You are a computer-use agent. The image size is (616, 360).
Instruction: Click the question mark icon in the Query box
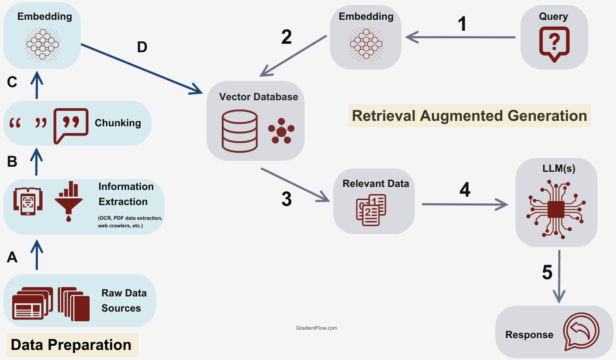coord(554,43)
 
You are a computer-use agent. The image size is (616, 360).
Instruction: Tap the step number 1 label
coord(462,24)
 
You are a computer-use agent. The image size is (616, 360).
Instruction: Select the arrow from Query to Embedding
coord(461,37)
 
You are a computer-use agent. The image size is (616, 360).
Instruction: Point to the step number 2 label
coord(287,37)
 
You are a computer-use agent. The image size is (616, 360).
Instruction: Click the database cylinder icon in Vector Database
coord(239,131)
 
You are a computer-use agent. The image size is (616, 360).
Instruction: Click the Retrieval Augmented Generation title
coord(469,116)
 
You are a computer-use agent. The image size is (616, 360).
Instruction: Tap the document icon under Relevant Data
coord(371,210)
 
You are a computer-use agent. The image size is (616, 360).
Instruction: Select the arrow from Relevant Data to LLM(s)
coord(465,205)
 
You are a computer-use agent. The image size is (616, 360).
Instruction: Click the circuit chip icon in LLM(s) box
coord(556,209)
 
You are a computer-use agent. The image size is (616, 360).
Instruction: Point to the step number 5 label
coord(547,272)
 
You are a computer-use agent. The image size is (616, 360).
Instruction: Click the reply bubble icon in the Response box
coord(581,332)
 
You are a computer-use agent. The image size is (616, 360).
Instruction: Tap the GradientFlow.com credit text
coord(316,328)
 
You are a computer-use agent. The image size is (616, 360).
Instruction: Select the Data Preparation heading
coord(71,345)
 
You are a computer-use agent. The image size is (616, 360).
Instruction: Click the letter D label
coord(142,47)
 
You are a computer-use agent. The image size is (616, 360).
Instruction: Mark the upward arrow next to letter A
coord(37,255)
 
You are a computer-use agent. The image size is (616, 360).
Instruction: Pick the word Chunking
coord(118,123)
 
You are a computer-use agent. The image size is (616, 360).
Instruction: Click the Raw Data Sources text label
coord(124,301)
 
